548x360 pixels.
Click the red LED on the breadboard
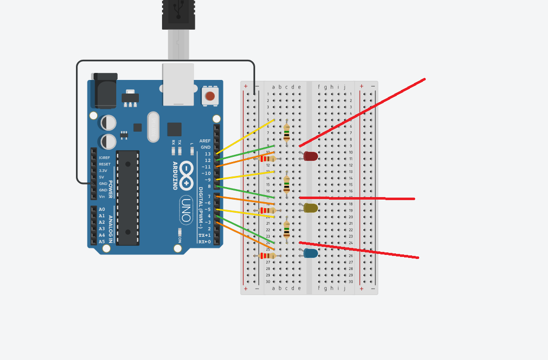click(x=310, y=156)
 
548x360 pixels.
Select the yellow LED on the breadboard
click(x=310, y=208)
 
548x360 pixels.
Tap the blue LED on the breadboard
click(x=310, y=253)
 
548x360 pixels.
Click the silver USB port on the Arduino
click(x=178, y=84)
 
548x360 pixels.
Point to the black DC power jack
click(x=105, y=91)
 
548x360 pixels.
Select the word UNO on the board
click(x=186, y=210)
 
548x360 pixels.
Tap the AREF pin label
click(x=205, y=141)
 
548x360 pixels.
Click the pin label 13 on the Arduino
click(x=208, y=154)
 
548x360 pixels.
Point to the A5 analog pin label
click(x=102, y=241)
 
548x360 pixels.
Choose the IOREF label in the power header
click(x=105, y=158)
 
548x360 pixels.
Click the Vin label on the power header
click(x=102, y=197)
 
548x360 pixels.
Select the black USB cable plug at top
click(x=178, y=15)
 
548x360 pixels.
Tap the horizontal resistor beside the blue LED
click(x=267, y=256)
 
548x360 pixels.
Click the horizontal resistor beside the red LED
click(x=267, y=158)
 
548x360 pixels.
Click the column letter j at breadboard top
click(x=345, y=87)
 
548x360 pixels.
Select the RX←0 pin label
click(x=205, y=242)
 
